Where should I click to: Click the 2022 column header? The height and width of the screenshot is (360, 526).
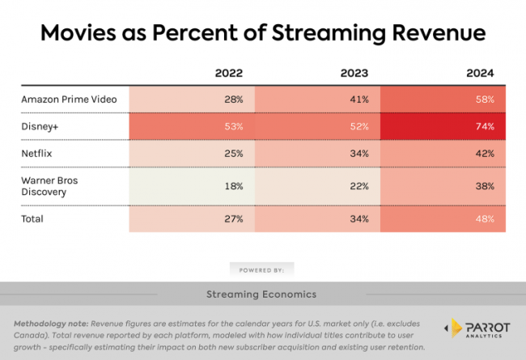click(229, 73)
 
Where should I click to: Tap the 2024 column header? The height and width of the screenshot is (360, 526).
click(481, 73)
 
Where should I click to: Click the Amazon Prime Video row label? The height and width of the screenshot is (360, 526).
click(69, 99)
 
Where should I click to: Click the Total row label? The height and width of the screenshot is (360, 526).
click(33, 218)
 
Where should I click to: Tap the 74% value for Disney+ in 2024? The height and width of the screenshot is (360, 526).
click(484, 126)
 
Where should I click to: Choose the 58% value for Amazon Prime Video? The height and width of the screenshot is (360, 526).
click(484, 99)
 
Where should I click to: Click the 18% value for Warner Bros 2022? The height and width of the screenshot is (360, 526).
click(234, 185)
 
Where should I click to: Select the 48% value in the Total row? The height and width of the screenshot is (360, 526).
click(484, 218)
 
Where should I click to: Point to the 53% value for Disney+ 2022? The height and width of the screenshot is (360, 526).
click(234, 126)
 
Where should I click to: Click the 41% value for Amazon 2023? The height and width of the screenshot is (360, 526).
click(359, 99)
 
